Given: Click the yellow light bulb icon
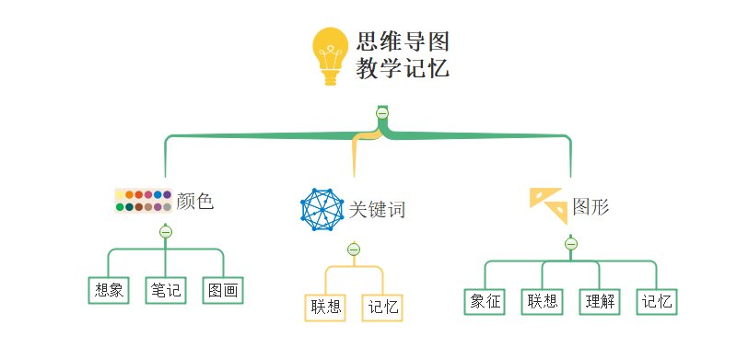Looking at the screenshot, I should (x=331, y=56).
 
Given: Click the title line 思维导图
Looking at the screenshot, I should (x=403, y=41).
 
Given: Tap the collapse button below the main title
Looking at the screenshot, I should (x=382, y=112).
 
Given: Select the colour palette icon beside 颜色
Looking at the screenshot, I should (x=143, y=200).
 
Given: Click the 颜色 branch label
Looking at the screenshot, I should (x=194, y=201).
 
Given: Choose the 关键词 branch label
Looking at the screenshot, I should (x=376, y=210).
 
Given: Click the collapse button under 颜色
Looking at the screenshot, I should (x=166, y=231).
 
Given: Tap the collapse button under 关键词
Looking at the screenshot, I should (x=353, y=250).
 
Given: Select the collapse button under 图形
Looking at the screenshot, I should (x=571, y=244).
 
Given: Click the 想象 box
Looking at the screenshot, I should (x=110, y=291).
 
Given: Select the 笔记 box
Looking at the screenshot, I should (x=166, y=291).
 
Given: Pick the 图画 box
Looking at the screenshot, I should (x=223, y=291).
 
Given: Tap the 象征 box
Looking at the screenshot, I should (x=485, y=301).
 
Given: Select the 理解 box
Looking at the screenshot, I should (x=600, y=301).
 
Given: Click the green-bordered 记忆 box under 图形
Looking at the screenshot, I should (x=657, y=301).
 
